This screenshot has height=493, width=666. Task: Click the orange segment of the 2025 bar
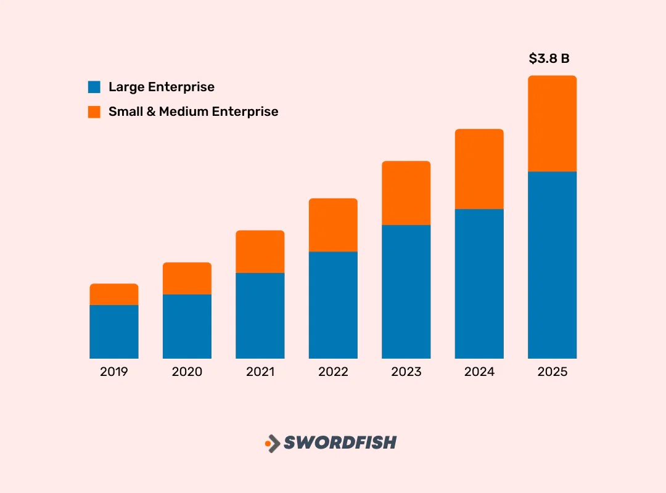coord(552,123)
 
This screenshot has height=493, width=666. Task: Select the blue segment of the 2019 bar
coord(114,332)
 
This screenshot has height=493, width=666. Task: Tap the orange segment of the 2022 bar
coord(333,225)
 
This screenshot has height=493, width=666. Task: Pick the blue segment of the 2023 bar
coord(406,291)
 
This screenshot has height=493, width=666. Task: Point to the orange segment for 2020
coord(187,279)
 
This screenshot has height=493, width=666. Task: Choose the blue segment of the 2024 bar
coord(479,283)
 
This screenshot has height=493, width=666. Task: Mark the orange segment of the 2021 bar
coord(260,251)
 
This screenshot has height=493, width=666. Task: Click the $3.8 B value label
coord(549,59)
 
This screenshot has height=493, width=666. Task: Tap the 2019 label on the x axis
coord(114,372)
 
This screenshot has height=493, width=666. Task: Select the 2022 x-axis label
coord(333,372)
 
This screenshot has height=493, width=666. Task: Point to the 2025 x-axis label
coord(552,372)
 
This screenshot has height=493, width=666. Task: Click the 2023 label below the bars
coord(406,372)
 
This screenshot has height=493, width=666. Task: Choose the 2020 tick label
coord(187,372)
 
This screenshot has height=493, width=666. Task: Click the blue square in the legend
coord(94,87)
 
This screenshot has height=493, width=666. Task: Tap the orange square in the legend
coord(94,112)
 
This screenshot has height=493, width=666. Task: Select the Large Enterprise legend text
coord(162,87)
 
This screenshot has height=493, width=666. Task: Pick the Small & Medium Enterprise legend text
coord(193,112)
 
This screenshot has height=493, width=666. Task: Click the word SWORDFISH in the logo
coord(340,442)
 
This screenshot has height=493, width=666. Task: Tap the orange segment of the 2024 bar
coord(479,169)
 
